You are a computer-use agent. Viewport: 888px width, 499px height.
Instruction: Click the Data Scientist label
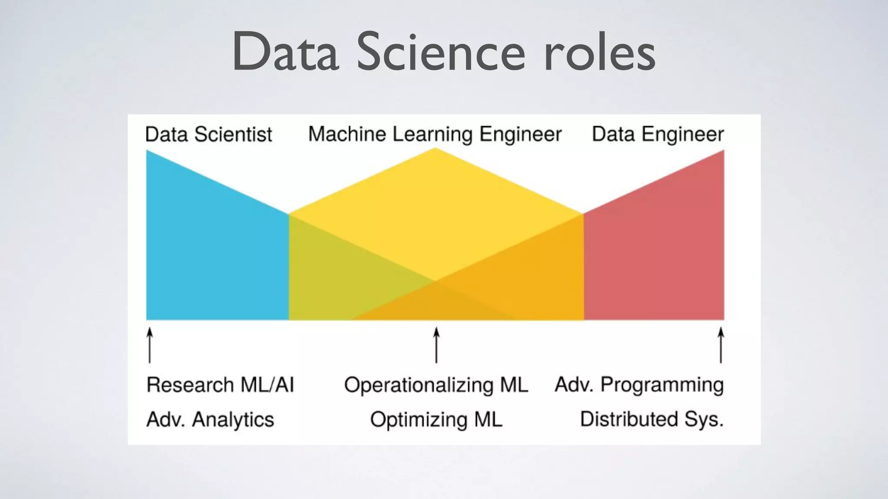[x=209, y=134]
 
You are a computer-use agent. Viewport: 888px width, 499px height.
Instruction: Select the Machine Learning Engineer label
[x=435, y=134]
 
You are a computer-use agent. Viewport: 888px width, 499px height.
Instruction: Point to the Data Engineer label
[x=658, y=134]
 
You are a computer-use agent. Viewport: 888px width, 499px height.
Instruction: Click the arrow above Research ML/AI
[x=150, y=345]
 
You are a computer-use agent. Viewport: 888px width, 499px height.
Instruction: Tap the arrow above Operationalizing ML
[x=436, y=345]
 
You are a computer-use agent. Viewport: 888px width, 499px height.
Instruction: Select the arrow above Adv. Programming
[x=721, y=345]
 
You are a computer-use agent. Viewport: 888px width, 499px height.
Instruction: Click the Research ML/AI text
[x=220, y=385]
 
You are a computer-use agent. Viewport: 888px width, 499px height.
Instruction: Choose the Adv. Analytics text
[x=210, y=419]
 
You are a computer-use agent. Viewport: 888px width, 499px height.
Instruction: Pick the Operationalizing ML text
[x=436, y=385]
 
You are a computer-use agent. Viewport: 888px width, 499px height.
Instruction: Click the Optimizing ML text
[x=436, y=419]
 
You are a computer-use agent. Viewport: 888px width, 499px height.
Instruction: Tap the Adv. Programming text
[x=639, y=385]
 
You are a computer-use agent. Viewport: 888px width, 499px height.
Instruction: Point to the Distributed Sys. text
[x=652, y=419]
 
